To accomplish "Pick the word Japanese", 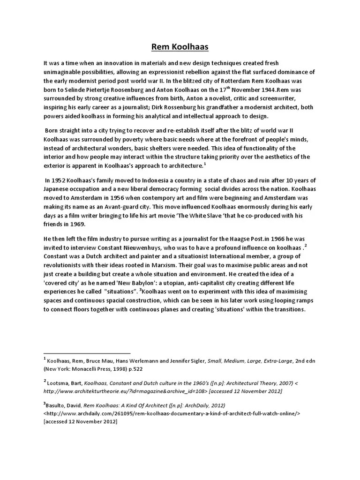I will tap(57, 189).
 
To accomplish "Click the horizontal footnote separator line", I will tap(87, 353).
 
